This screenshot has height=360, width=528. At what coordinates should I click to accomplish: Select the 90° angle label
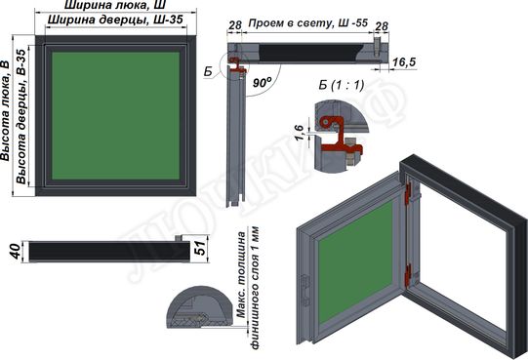click(262, 84)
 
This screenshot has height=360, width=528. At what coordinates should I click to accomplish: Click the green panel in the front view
click(113, 113)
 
